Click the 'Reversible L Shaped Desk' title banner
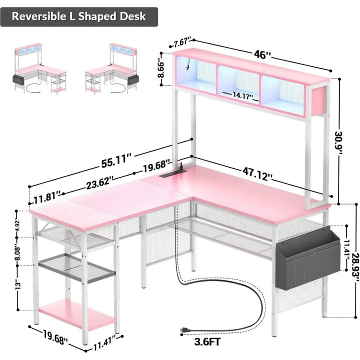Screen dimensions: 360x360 [x=79, y=17]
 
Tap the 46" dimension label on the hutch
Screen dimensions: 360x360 [x=262, y=54]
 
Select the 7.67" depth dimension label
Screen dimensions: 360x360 [x=182, y=43]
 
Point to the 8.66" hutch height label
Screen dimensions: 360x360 [x=161, y=69]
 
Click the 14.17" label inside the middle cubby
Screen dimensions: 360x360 [x=242, y=95]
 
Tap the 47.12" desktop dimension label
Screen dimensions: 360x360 [x=257, y=174]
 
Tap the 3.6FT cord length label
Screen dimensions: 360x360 [x=207, y=342]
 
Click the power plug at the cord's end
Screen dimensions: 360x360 [x=185, y=330]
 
